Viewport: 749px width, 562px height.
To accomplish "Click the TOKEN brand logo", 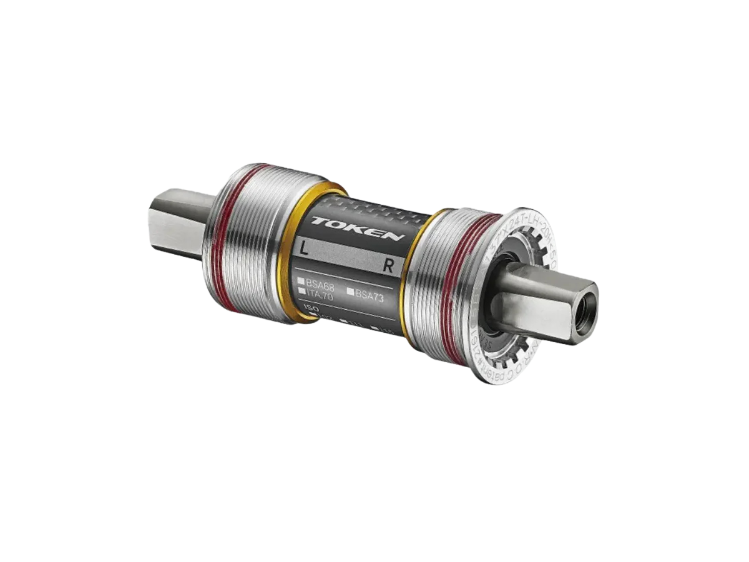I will (x=358, y=228).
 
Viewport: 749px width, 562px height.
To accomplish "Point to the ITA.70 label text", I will (x=320, y=297).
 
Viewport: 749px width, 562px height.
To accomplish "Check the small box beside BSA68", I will (x=300, y=282).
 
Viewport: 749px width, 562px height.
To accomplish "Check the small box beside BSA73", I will (x=351, y=292).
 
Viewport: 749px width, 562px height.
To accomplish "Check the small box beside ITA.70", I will (x=301, y=291).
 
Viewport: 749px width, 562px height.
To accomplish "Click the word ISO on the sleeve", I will (x=306, y=308).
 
